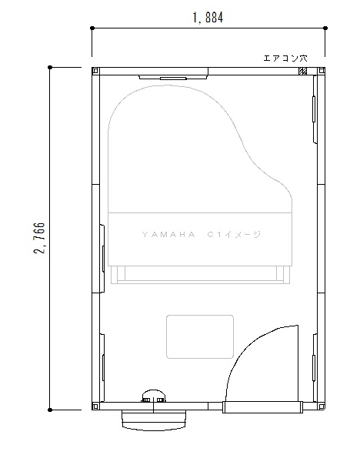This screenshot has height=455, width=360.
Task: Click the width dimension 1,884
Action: point(208,18)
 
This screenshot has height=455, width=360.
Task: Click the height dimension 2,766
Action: point(39,238)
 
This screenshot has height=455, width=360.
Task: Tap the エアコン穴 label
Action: point(285,59)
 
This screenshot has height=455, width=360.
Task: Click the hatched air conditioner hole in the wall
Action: point(302,71)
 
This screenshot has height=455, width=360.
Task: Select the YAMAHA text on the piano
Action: point(168,235)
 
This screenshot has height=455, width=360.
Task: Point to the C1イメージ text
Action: point(234,235)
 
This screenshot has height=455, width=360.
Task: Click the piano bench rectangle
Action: point(200,336)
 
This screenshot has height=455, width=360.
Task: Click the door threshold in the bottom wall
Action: point(262,407)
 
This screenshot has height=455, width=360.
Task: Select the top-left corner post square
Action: point(95,71)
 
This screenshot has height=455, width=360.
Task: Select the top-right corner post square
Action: point(322,71)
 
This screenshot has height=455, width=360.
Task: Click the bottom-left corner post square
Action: point(95,406)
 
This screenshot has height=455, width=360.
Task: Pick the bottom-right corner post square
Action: point(322,406)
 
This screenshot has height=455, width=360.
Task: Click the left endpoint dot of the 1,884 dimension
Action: point(92,28)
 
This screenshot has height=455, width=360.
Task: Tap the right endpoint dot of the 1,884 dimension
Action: point(325,28)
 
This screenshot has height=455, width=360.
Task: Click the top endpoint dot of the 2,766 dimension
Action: point(50,67)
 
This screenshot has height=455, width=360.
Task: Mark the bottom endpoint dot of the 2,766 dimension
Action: point(50,410)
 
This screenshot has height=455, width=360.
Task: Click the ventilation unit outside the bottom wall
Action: point(154,420)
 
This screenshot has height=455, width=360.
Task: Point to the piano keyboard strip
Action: point(200,275)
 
